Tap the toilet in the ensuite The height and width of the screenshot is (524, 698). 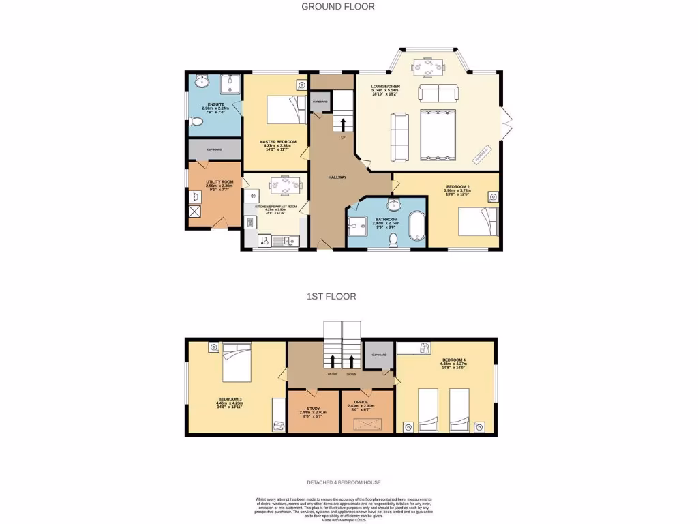click(196, 122)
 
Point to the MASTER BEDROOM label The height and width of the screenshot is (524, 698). click(275, 143)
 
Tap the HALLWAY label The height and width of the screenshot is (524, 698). click(337, 177)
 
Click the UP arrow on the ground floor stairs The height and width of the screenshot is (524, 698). click(342, 123)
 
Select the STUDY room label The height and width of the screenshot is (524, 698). click(313, 409)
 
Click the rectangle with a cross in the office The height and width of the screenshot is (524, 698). click(367, 423)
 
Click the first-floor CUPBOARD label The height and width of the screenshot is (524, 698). click(379, 355)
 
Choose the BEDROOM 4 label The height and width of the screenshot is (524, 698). click(454, 360)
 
